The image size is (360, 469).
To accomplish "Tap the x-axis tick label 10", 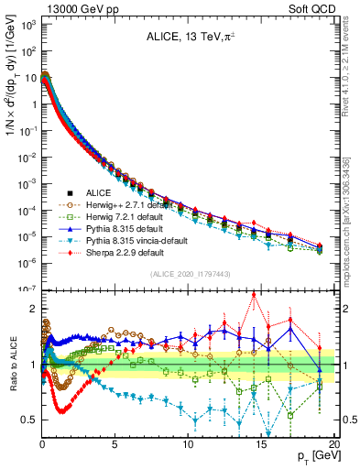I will (188, 443).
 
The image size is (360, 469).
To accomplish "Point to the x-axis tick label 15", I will (261, 443).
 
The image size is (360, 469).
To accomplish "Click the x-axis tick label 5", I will (115, 443).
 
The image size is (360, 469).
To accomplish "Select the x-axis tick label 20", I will (333, 443).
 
